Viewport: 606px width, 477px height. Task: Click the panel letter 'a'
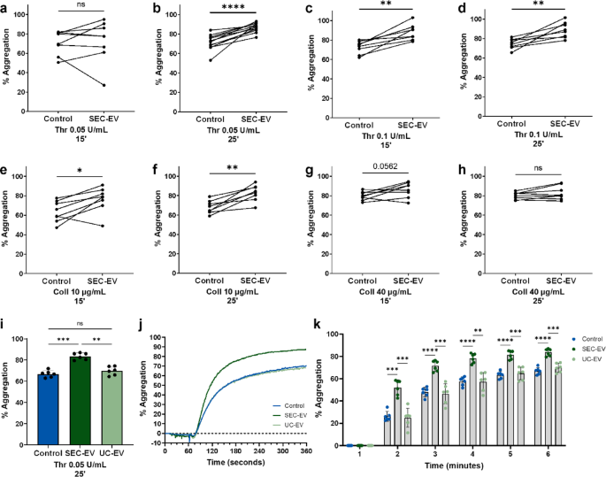7,8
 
